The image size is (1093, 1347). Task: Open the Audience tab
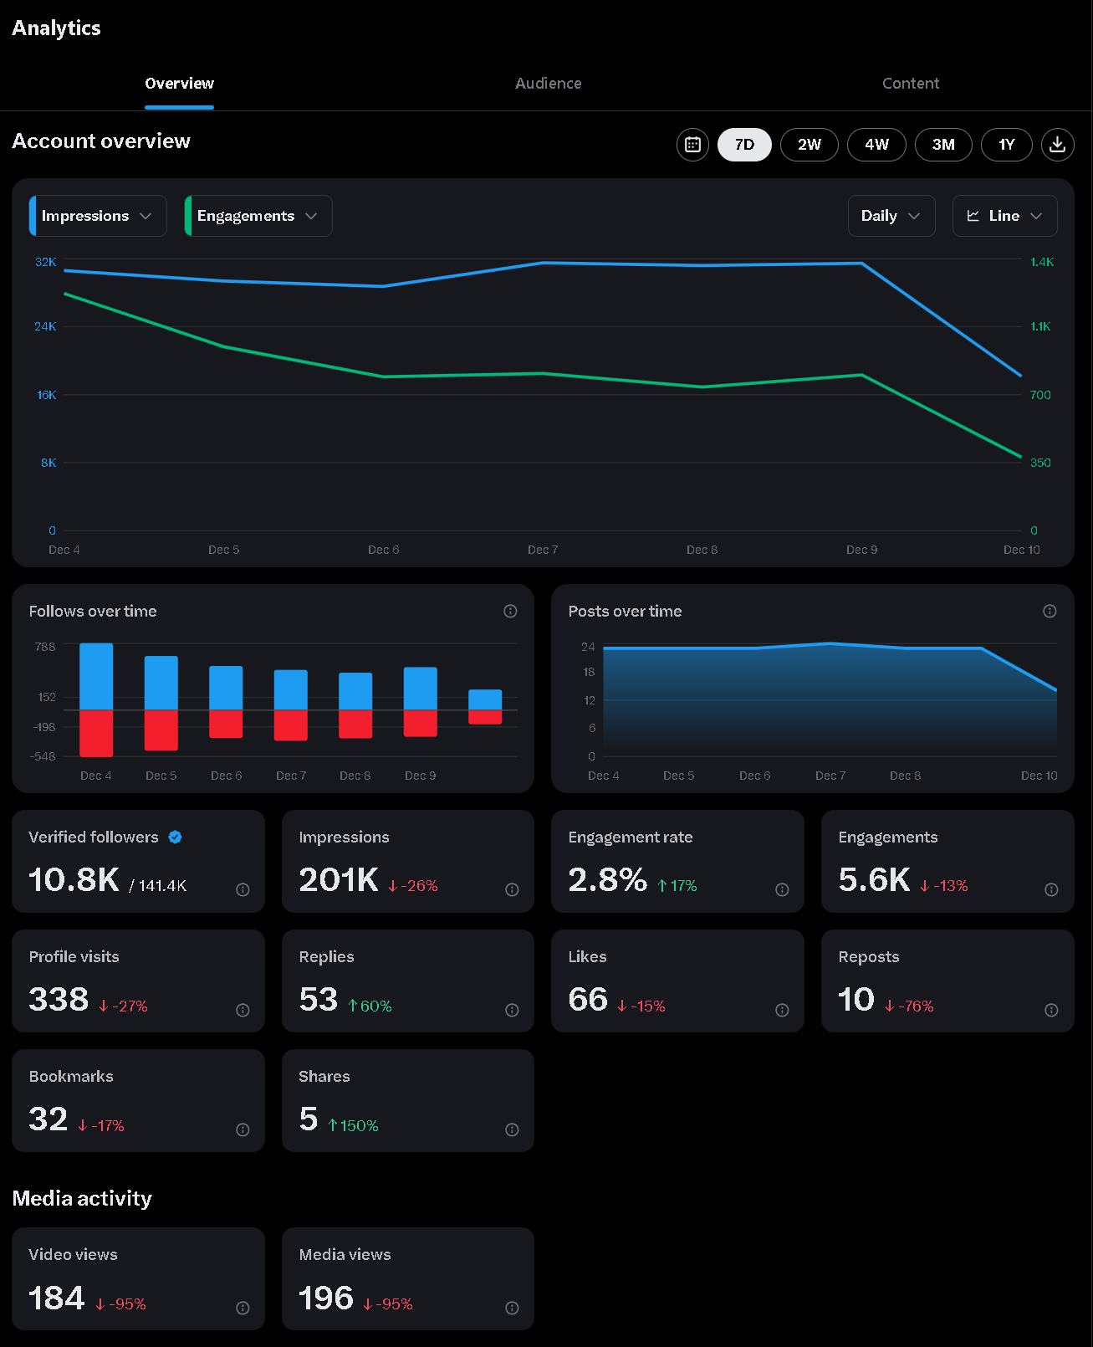pyautogui.click(x=548, y=84)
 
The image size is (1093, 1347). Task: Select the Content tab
pyautogui.click(x=910, y=84)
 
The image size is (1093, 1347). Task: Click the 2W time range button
pyautogui.click(x=809, y=145)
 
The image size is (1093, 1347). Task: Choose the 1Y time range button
pyautogui.click(x=1006, y=145)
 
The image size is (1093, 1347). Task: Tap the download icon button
pyautogui.click(x=1057, y=144)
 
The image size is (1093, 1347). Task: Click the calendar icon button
pyautogui.click(x=692, y=145)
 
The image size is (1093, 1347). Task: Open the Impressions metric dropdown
pyautogui.click(x=98, y=216)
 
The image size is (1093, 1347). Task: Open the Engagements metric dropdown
pyautogui.click(x=258, y=216)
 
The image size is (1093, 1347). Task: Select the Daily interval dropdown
pyautogui.click(x=891, y=216)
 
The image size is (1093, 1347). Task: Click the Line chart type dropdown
pyautogui.click(x=1004, y=216)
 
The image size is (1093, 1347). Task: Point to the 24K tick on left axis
pyautogui.click(x=45, y=326)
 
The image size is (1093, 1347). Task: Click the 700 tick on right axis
pyautogui.click(x=1040, y=395)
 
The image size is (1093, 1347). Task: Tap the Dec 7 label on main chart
pyautogui.click(x=543, y=550)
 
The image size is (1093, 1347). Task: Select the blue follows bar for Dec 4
pyautogui.click(x=96, y=676)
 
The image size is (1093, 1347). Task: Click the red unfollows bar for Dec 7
pyautogui.click(x=290, y=725)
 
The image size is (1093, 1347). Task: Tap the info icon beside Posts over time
pyautogui.click(x=1050, y=612)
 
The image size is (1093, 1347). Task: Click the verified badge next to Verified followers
pyautogui.click(x=175, y=837)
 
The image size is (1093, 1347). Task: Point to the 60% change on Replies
pyautogui.click(x=370, y=1006)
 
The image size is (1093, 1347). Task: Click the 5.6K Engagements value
pyautogui.click(x=874, y=880)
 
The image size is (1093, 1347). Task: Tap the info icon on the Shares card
pyautogui.click(x=512, y=1129)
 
